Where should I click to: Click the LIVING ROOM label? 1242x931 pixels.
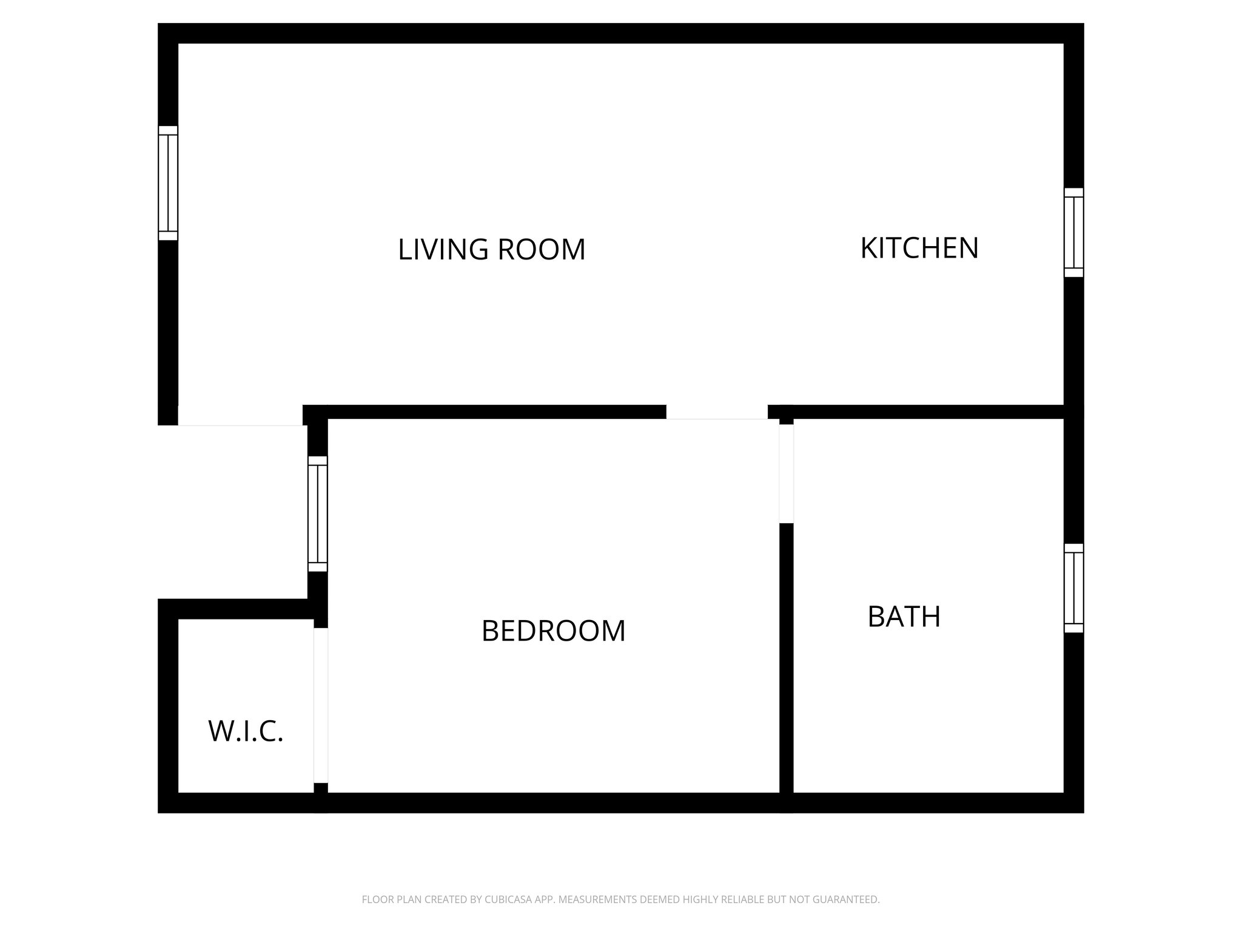491,249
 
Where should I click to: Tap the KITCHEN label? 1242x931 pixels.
919,248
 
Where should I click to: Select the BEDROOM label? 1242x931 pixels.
553,631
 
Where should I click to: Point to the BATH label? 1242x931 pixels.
904,617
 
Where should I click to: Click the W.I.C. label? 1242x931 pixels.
246,732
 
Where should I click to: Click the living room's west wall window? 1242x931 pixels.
168,183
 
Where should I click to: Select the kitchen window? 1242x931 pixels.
1073,233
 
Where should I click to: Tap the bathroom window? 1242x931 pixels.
1073,588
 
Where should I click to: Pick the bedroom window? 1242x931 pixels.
318,513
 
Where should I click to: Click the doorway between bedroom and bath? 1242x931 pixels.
786,473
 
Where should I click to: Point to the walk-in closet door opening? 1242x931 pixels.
321,706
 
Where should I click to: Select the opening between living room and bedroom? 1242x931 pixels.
717,412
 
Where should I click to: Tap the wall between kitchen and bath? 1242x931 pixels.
928,412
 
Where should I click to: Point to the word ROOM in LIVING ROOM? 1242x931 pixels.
541,249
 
